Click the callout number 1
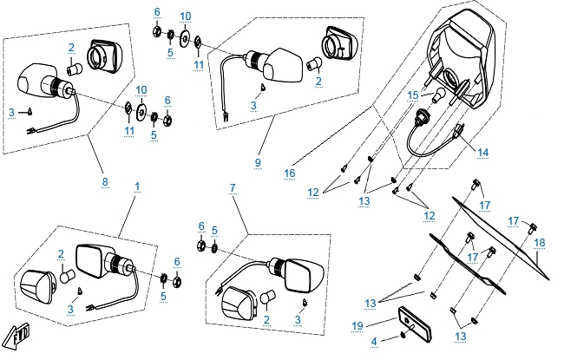tap(136, 187)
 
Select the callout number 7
tap(232, 187)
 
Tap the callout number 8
tap(105, 181)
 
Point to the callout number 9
tap(257, 162)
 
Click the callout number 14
tap(482, 152)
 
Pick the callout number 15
tap(413, 95)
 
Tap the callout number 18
tap(539, 242)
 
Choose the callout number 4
tap(375, 342)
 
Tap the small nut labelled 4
tap(406, 335)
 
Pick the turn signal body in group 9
tap(283, 63)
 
